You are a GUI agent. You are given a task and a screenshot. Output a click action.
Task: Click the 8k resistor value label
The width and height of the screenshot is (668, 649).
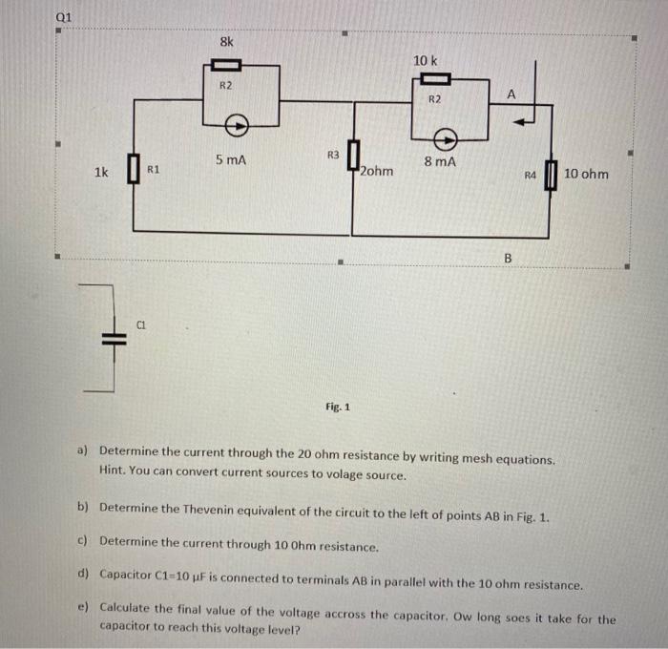225,42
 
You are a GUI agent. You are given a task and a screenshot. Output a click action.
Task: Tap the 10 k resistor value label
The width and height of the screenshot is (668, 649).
426,61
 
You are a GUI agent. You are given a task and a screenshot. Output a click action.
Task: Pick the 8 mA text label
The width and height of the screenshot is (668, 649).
439,162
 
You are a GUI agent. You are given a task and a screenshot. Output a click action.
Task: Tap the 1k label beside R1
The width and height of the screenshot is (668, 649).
102,173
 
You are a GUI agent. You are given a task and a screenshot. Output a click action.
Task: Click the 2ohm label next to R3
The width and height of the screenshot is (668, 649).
377,173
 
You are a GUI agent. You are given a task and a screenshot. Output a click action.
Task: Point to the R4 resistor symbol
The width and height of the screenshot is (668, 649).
550,175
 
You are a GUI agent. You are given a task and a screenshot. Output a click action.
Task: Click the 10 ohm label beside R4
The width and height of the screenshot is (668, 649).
585,174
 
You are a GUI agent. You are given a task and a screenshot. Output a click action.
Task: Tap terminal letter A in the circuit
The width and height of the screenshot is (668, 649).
511,94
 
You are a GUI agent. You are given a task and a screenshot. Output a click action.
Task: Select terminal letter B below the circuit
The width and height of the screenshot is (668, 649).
508,258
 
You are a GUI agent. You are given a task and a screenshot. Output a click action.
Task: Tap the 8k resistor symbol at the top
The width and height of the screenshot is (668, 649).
225,66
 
